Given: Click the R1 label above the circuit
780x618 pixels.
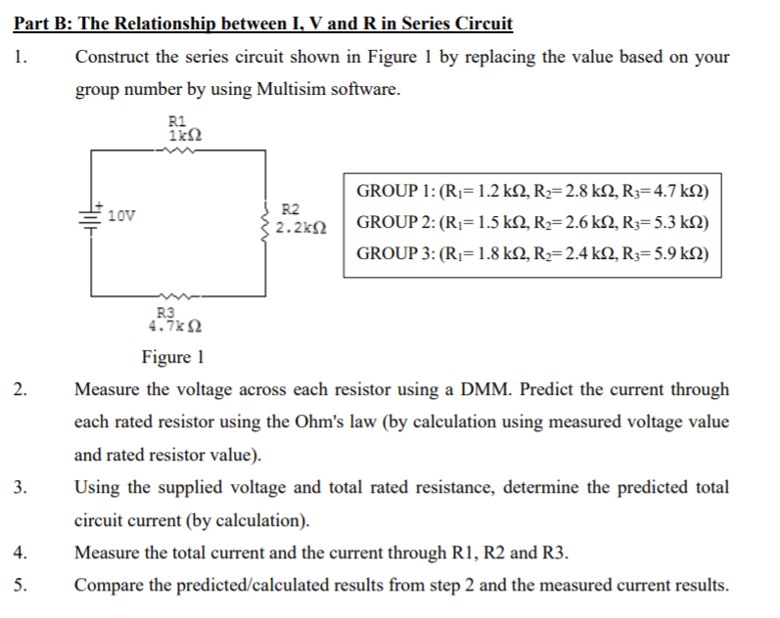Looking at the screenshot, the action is click(x=178, y=120).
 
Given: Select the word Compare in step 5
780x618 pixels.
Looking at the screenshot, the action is click(x=108, y=586).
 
